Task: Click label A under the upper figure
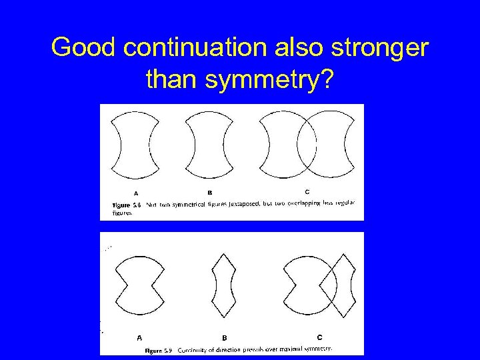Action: click(x=137, y=193)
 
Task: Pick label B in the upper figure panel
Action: click(x=209, y=193)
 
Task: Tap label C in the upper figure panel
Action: click(x=306, y=192)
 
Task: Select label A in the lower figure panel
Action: click(x=139, y=337)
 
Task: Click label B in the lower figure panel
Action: click(x=225, y=337)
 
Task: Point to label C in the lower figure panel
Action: click(x=319, y=337)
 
